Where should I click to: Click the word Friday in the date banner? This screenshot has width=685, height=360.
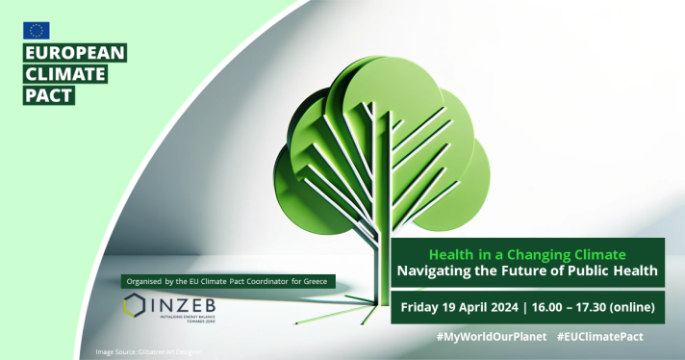pos(419,308)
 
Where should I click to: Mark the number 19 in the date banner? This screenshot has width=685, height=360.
pos(456,308)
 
